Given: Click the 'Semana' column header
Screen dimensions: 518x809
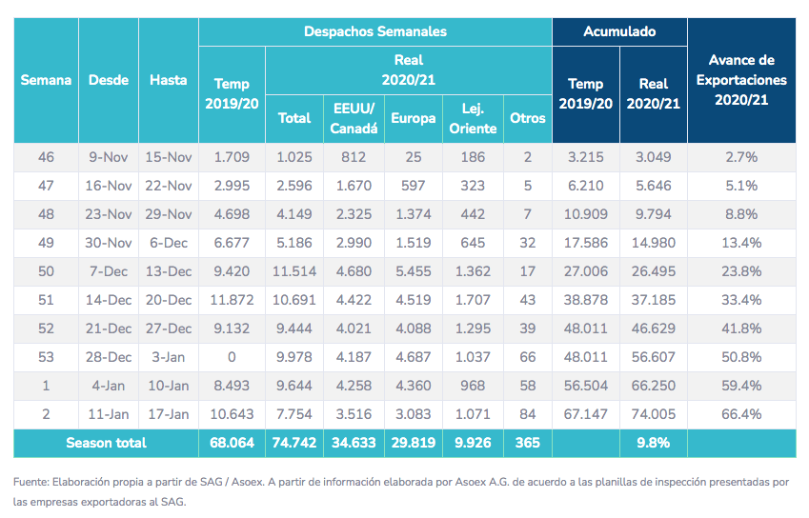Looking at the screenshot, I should click(x=46, y=80).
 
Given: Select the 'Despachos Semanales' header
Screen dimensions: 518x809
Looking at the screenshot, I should click(x=374, y=31).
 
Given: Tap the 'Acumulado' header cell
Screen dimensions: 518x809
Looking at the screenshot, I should click(x=619, y=31).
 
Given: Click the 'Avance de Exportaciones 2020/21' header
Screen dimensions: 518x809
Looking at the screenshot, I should click(x=741, y=80).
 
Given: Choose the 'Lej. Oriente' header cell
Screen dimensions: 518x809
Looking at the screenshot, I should click(x=471, y=118).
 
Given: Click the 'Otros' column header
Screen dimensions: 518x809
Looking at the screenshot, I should click(x=528, y=118).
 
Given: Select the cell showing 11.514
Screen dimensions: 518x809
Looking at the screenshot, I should click(x=294, y=271).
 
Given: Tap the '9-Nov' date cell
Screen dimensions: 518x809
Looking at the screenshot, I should click(x=109, y=157).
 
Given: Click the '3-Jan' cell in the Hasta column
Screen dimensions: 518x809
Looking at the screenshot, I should click(x=169, y=357).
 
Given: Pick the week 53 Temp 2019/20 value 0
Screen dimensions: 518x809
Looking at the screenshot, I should click(x=232, y=357).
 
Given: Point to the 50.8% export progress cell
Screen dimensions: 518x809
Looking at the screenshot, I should click(x=741, y=357).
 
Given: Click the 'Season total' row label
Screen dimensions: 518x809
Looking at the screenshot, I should click(x=106, y=443).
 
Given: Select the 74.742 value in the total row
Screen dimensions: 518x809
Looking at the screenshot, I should click(x=294, y=443).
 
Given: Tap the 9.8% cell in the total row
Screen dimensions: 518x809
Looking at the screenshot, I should click(x=653, y=443).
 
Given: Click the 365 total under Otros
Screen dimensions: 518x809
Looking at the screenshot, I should click(x=528, y=443).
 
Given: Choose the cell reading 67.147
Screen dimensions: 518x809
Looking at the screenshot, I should click(x=585, y=414).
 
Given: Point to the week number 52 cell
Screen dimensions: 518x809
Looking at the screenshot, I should click(x=46, y=329).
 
